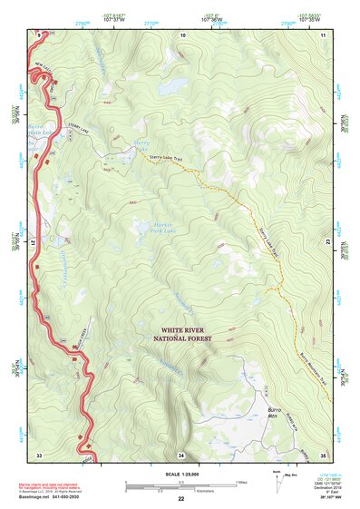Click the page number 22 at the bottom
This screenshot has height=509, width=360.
point(180,498)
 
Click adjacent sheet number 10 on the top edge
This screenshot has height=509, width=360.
point(182,34)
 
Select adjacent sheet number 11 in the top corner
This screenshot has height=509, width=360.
point(323,34)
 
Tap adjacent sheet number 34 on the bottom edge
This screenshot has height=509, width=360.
point(181,455)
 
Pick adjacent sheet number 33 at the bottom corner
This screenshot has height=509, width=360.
point(39,455)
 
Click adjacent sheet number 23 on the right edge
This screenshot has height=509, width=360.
point(326,243)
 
